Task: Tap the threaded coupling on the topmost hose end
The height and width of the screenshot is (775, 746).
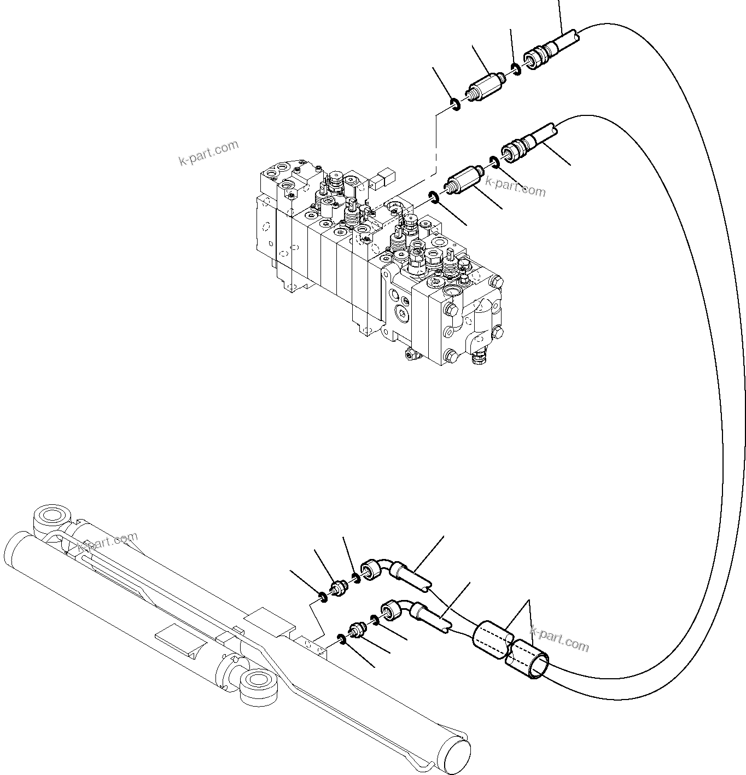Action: tap(536, 55)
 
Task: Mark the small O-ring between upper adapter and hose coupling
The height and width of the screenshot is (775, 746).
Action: tap(515, 69)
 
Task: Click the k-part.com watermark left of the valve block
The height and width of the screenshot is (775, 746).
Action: tap(209, 153)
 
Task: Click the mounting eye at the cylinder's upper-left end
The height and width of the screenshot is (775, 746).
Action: tap(52, 517)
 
